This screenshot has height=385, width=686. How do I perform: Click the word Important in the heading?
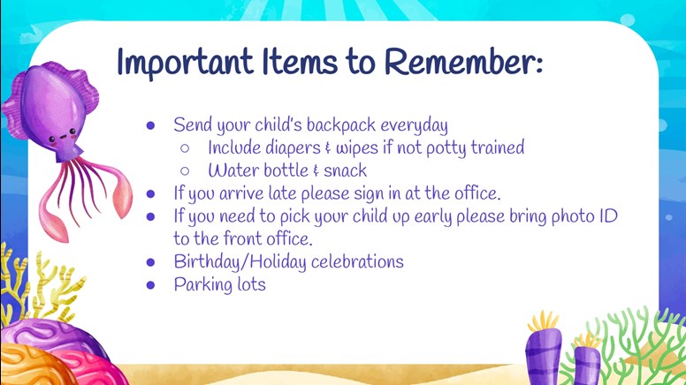tap(186, 63)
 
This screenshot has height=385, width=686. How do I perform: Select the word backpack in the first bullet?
tap(341, 125)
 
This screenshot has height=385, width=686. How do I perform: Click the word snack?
tap(345, 170)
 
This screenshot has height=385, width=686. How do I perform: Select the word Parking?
tap(203, 285)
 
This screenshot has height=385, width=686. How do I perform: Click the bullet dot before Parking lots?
tap(151, 285)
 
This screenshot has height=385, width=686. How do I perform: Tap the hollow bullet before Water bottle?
tap(185, 171)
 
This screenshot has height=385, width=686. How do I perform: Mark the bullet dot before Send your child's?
tap(151, 126)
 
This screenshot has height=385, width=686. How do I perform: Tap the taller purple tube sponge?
tap(543, 354)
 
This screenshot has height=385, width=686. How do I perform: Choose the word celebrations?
tap(357, 261)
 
